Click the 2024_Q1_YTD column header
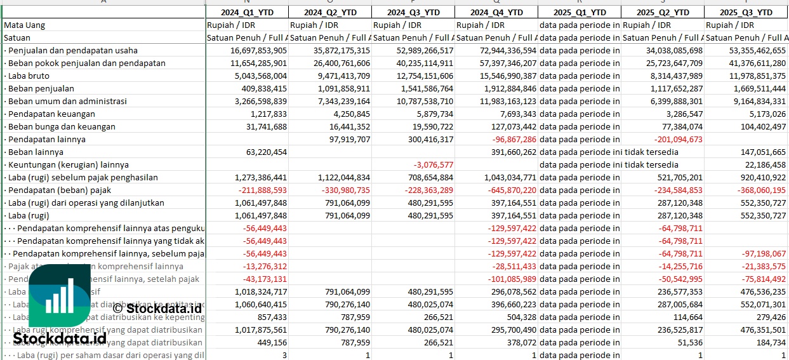(x=248, y=12)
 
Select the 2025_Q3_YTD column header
(x=746, y=12)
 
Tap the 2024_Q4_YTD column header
(x=497, y=12)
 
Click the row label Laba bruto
(x=29, y=76)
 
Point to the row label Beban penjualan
(x=41, y=88)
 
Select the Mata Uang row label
(x=24, y=25)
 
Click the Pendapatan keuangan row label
(x=51, y=114)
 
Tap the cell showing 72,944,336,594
(x=496, y=50)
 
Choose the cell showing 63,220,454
(x=263, y=152)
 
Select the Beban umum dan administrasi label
(x=67, y=101)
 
